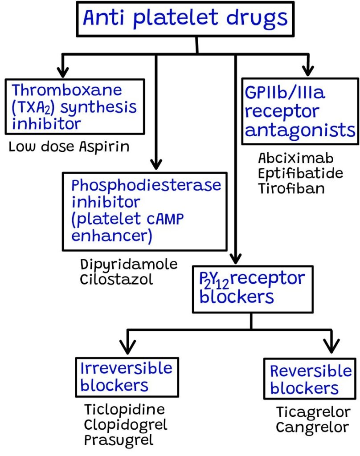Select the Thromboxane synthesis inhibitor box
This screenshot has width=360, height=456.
coord(74,107)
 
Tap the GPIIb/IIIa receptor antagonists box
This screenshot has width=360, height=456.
coord(300,111)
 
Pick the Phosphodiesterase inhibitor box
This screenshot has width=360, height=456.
coord(145,211)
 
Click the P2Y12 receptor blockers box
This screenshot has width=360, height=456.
coord(252,289)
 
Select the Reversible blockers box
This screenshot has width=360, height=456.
coord(310,379)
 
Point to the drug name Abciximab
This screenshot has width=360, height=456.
coord(295,158)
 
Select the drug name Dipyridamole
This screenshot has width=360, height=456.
coord(129,264)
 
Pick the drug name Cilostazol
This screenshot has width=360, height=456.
coord(117,279)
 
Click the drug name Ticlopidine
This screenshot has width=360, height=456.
coord(124,410)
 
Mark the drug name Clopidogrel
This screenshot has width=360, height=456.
coord(126,425)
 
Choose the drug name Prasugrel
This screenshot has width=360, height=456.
coord(119,440)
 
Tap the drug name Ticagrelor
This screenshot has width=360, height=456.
coord(313,412)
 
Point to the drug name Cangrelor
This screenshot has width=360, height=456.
coord(312,427)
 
